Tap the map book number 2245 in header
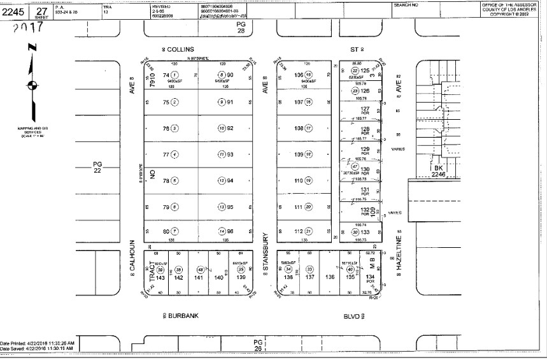(x=15, y=11)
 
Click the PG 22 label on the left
(x=97, y=167)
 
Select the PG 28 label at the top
(x=241, y=26)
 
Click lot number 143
(x=160, y=278)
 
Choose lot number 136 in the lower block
(x=329, y=277)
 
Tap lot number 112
(x=297, y=231)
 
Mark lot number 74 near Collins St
(x=166, y=75)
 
